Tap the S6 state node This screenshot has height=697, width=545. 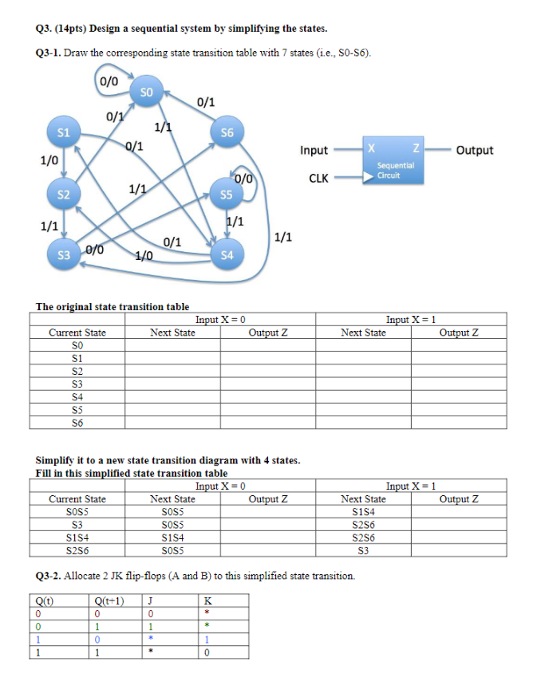(x=227, y=132)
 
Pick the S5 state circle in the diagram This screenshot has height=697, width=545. (x=227, y=194)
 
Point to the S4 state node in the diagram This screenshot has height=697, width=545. (x=227, y=255)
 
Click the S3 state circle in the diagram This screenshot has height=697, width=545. (x=63, y=255)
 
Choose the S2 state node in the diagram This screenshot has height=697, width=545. (x=63, y=194)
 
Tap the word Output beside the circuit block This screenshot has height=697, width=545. (x=475, y=150)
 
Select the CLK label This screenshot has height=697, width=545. (x=318, y=178)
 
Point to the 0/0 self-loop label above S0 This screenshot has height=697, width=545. (x=108, y=80)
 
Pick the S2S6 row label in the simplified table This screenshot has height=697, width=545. (x=77, y=549)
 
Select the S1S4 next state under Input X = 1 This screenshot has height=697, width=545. (x=363, y=511)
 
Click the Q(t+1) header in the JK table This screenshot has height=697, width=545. (x=108, y=601)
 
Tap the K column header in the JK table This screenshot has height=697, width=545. (x=207, y=601)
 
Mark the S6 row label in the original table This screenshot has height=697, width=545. (x=77, y=422)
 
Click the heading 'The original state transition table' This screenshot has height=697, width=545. (x=113, y=306)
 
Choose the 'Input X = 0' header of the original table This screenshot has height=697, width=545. (x=219, y=319)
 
